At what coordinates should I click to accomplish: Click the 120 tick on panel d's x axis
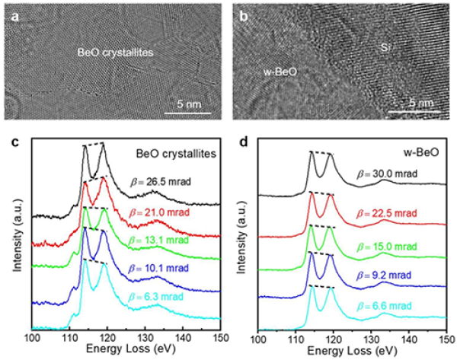pos(334,336)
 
